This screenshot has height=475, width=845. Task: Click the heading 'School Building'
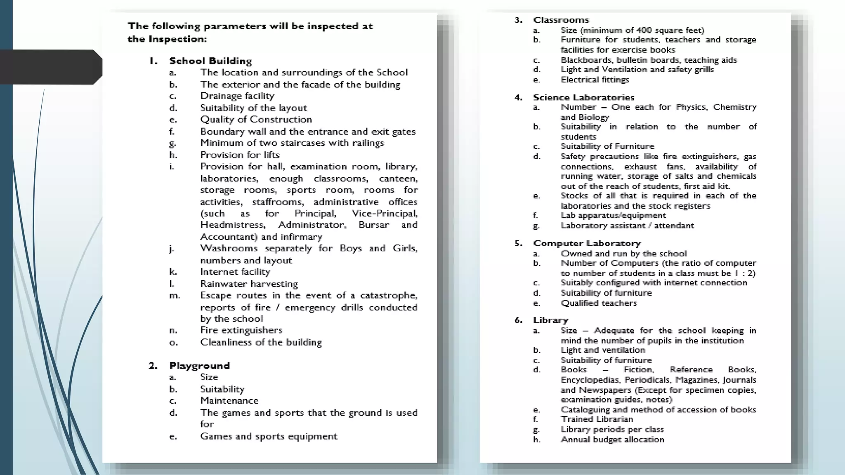point(210,61)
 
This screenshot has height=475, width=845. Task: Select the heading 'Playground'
point(199,366)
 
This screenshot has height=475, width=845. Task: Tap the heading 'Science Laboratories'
point(583,98)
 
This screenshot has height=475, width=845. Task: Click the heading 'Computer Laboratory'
point(587,243)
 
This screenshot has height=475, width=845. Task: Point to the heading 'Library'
point(550,320)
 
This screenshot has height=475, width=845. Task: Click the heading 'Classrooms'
point(561,20)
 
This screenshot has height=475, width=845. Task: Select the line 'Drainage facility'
point(237,96)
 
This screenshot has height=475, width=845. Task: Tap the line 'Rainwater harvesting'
point(249,284)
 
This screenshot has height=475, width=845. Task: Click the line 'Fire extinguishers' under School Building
point(241,330)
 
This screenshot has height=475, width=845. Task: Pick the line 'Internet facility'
point(235,272)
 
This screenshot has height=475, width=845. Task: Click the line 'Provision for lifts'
point(240,155)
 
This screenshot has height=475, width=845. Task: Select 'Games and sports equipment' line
point(269,436)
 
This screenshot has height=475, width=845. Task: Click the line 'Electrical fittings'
point(595,80)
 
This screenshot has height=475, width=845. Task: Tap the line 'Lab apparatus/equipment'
point(613,216)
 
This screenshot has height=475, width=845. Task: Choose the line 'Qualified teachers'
point(599,303)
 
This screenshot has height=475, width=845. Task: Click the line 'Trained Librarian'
point(597,419)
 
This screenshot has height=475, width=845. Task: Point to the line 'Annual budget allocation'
point(612,440)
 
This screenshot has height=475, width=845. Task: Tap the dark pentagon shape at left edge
point(50,67)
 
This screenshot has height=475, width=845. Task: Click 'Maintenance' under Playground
point(229,401)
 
